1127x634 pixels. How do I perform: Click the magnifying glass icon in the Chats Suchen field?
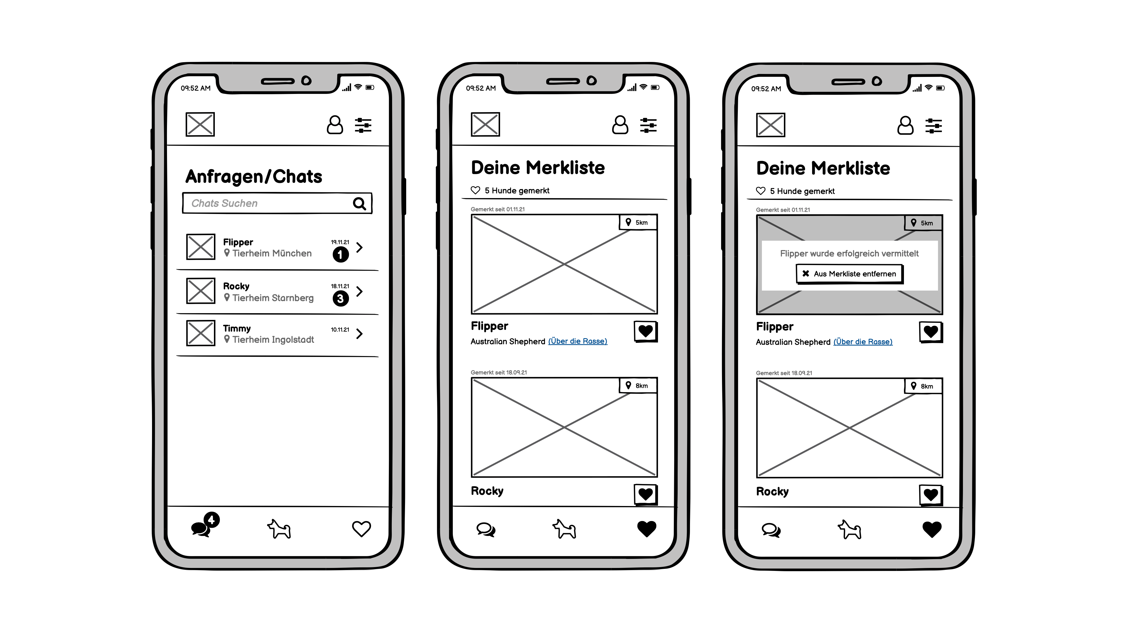coord(360,203)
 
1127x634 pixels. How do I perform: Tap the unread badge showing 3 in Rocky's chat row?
coord(341,299)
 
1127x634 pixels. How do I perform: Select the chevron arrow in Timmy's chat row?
coord(359,334)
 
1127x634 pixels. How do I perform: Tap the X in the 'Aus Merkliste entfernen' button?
coord(806,274)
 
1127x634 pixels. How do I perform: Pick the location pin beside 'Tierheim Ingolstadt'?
coord(227,339)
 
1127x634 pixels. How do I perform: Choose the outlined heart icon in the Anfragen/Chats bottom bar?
coord(361,529)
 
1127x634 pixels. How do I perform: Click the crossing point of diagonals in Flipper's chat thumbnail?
coord(201,247)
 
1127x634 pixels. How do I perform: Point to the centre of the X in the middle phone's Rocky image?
coord(564,427)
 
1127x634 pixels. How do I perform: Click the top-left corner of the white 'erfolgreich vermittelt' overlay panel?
coord(762,241)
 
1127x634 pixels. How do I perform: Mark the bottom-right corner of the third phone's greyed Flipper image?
coord(942,314)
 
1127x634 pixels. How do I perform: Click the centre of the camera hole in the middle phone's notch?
coord(591,80)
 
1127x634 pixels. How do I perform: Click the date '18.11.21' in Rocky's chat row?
coord(340,286)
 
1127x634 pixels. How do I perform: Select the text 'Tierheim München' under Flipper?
coord(272,253)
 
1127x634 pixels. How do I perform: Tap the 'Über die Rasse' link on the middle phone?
coord(578,341)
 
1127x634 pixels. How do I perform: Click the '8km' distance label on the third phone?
coord(927,386)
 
